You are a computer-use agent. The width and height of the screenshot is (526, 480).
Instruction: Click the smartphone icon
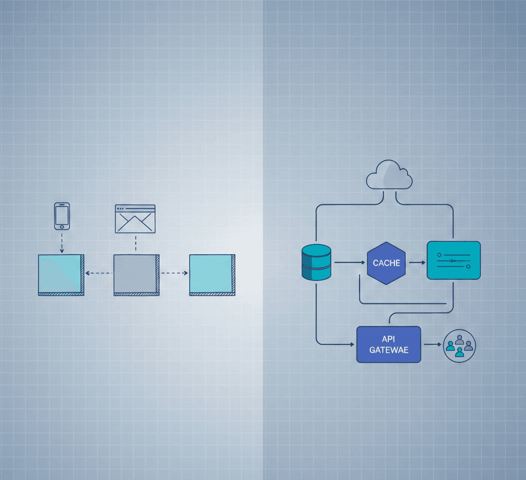coord(62,216)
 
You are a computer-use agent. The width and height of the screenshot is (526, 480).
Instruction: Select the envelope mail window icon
coord(135,219)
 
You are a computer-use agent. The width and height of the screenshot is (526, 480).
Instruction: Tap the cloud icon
coord(389,176)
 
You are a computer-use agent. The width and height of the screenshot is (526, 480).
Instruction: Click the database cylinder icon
coord(316,262)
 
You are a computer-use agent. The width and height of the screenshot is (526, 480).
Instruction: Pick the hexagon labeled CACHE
coord(386,263)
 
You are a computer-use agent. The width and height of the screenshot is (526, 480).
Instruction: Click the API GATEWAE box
coord(388,344)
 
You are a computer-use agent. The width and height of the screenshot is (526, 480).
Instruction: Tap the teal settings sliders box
coord(454,260)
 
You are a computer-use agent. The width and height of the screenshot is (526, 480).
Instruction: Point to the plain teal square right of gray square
coord(212,274)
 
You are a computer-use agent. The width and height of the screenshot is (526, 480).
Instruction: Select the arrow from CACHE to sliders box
coord(417,262)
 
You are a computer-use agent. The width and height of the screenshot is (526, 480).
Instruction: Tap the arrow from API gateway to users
coord(431,344)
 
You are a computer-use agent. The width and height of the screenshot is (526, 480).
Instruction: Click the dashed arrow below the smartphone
coord(62,241)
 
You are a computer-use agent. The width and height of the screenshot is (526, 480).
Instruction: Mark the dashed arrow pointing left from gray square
coord(99,273)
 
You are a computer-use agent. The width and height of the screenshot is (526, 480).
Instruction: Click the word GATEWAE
coord(388,350)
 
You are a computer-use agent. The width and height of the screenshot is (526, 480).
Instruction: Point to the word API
coord(388,339)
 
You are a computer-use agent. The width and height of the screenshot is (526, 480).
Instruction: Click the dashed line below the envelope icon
coord(135,244)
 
